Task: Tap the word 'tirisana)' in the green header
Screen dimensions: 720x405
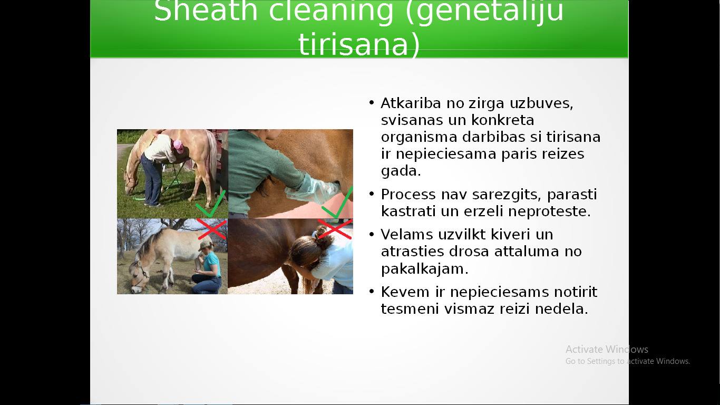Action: (x=359, y=44)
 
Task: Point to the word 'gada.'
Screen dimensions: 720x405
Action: (x=401, y=170)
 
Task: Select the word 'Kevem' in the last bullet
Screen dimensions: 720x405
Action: (x=405, y=292)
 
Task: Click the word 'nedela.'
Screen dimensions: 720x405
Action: (x=561, y=309)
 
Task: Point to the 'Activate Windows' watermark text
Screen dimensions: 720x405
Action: (x=607, y=349)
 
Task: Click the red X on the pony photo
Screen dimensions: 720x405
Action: (x=212, y=229)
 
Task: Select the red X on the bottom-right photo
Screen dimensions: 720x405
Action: (x=335, y=229)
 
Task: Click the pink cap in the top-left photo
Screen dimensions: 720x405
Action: (x=178, y=147)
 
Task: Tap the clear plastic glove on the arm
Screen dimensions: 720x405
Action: (x=312, y=190)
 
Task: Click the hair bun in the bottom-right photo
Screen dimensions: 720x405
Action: (x=325, y=234)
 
